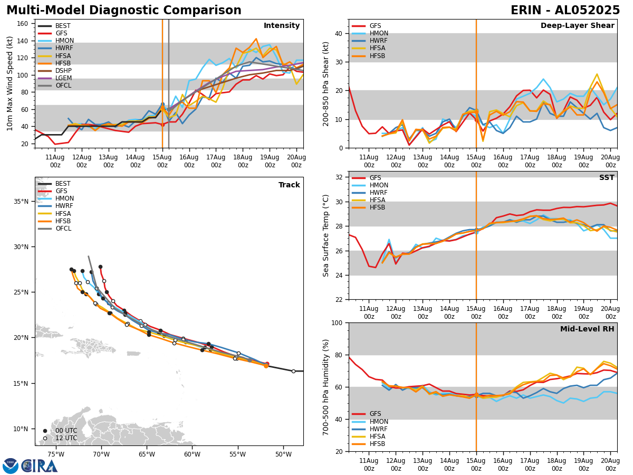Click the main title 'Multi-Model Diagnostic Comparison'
coord(124,11)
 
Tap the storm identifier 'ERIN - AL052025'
coord(565,11)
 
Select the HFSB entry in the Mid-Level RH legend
coord(378,444)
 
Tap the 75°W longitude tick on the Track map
coord(56,454)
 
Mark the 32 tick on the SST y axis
coord(340,177)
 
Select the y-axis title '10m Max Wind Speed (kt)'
coord(10,83)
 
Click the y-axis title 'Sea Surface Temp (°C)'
coord(326,235)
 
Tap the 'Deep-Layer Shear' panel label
coord(577,26)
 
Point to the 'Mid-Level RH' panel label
coord(587,329)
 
